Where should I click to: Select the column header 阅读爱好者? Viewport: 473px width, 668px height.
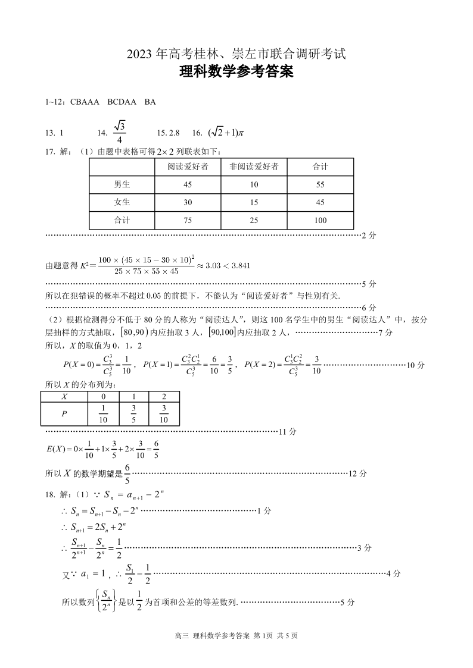coord(188,167)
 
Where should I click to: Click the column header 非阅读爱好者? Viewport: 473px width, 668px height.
coord(254,167)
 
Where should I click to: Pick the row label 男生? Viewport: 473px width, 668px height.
coord(122,184)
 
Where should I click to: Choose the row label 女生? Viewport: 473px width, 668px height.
coord(122,202)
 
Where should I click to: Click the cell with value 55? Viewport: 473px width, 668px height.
coord(320,184)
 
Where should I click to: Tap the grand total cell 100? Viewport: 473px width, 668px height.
coord(320,220)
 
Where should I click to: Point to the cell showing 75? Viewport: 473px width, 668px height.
coord(188,220)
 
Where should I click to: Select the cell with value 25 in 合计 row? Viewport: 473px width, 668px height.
coord(254,220)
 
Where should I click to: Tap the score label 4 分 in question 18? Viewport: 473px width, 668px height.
coord(393,573)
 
